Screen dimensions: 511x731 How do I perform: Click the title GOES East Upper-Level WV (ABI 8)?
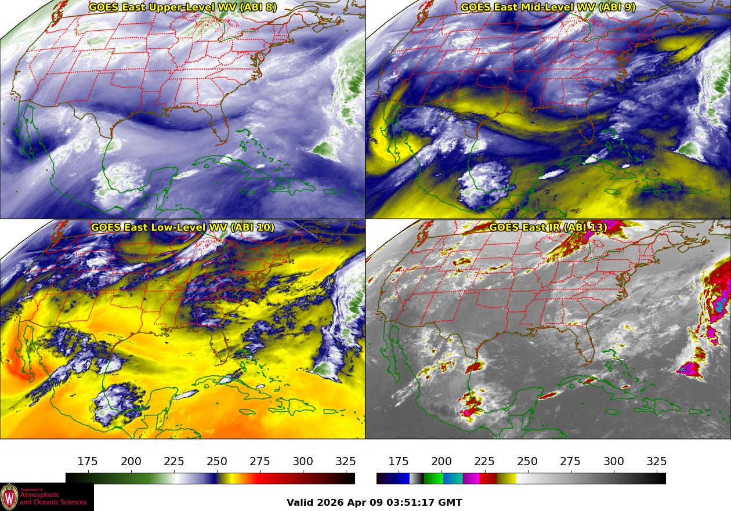(x=183, y=8)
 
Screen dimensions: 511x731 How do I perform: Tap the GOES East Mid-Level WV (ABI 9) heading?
(x=548, y=8)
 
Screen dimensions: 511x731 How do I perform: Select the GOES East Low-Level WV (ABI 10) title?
(x=183, y=227)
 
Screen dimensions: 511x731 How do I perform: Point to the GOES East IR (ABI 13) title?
(x=548, y=227)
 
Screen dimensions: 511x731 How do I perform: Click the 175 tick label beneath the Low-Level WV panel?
(x=88, y=462)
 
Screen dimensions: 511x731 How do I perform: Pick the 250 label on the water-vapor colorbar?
(x=217, y=462)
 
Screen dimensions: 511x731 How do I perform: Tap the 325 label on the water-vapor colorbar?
(x=346, y=462)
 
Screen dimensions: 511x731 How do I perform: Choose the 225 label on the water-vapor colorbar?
(x=174, y=462)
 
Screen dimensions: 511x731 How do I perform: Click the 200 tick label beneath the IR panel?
(x=442, y=462)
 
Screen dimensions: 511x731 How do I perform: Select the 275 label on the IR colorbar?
(x=570, y=462)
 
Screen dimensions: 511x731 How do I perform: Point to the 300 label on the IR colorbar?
(x=614, y=462)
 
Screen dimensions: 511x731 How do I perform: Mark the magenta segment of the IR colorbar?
(x=471, y=479)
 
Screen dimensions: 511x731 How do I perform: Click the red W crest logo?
(x=9, y=497)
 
